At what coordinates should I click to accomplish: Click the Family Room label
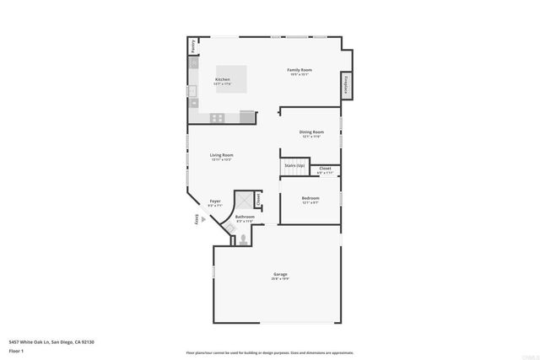[x=300, y=69]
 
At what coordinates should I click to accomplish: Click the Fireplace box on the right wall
[x=346, y=85]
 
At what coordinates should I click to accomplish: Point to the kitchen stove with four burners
[x=217, y=118]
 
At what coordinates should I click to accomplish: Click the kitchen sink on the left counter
[x=192, y=89]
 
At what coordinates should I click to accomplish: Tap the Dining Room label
[x=311, y=132]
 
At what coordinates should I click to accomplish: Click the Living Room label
[x=222, y=155]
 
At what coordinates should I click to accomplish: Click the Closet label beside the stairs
[x=325, y=169]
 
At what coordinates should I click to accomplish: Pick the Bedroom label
[x=310, y=198]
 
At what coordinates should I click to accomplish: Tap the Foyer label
[x=215, y=201]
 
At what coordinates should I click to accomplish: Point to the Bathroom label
[x=245, y=217]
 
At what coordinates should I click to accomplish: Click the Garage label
[x=280, y=274]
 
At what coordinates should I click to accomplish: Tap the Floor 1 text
[x=17, y=350]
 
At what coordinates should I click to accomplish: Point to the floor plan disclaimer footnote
[x=269, y=352]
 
